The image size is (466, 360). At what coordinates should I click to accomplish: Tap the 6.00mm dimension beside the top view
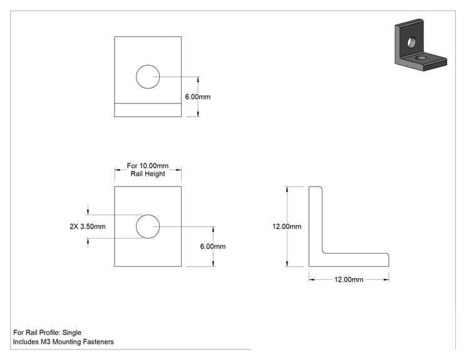(x=198, y=97)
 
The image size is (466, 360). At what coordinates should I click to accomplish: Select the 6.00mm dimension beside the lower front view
(x=213, y=247)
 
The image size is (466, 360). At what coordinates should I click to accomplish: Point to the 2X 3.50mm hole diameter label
(x=88, y=227)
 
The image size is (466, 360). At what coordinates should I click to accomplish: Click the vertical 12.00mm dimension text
(x=287, y=227)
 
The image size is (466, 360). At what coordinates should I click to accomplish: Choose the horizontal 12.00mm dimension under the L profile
(x=349, y=280)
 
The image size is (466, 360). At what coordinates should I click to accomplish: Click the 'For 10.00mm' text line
(x=148, y=166)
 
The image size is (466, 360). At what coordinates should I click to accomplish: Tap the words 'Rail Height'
(x=148, y=174)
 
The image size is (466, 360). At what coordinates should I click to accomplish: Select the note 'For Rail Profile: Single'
(x=47, y=332)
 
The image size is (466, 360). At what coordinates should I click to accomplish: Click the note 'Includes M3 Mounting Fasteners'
(x=63, y=342)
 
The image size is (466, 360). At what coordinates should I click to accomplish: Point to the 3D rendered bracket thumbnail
(x=421, y=45)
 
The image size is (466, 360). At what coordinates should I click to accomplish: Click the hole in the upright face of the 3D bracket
(x=412, y=42)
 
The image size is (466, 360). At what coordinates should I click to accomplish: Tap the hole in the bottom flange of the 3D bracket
(x=421, y=57)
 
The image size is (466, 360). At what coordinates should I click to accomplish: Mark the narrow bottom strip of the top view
(x=148, y=110)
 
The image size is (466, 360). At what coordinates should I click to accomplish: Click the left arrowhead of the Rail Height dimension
(x=117, y=170)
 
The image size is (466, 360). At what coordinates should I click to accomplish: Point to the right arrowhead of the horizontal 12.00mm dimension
(x=386, y=280)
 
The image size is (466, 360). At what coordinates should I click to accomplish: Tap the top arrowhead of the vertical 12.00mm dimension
(x=287, y=189)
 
